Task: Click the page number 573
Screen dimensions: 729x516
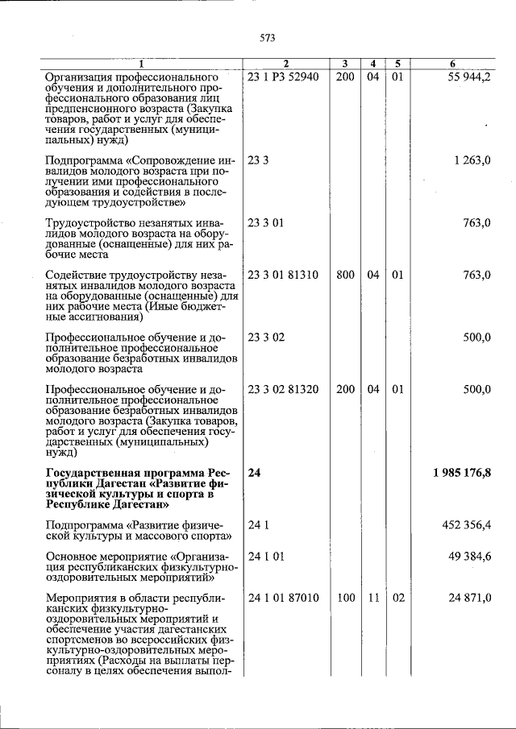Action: (268, 37)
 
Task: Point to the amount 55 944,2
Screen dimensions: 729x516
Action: (468, 77)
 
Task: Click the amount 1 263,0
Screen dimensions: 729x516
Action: (472, 160)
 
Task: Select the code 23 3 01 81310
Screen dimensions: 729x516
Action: (284, 275)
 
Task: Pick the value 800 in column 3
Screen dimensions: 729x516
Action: (345, 275)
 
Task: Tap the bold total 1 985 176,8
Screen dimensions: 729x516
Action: (461, 472)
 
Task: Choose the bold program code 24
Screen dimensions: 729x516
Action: (255, 472)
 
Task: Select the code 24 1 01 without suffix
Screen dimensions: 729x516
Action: (267, 556)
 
